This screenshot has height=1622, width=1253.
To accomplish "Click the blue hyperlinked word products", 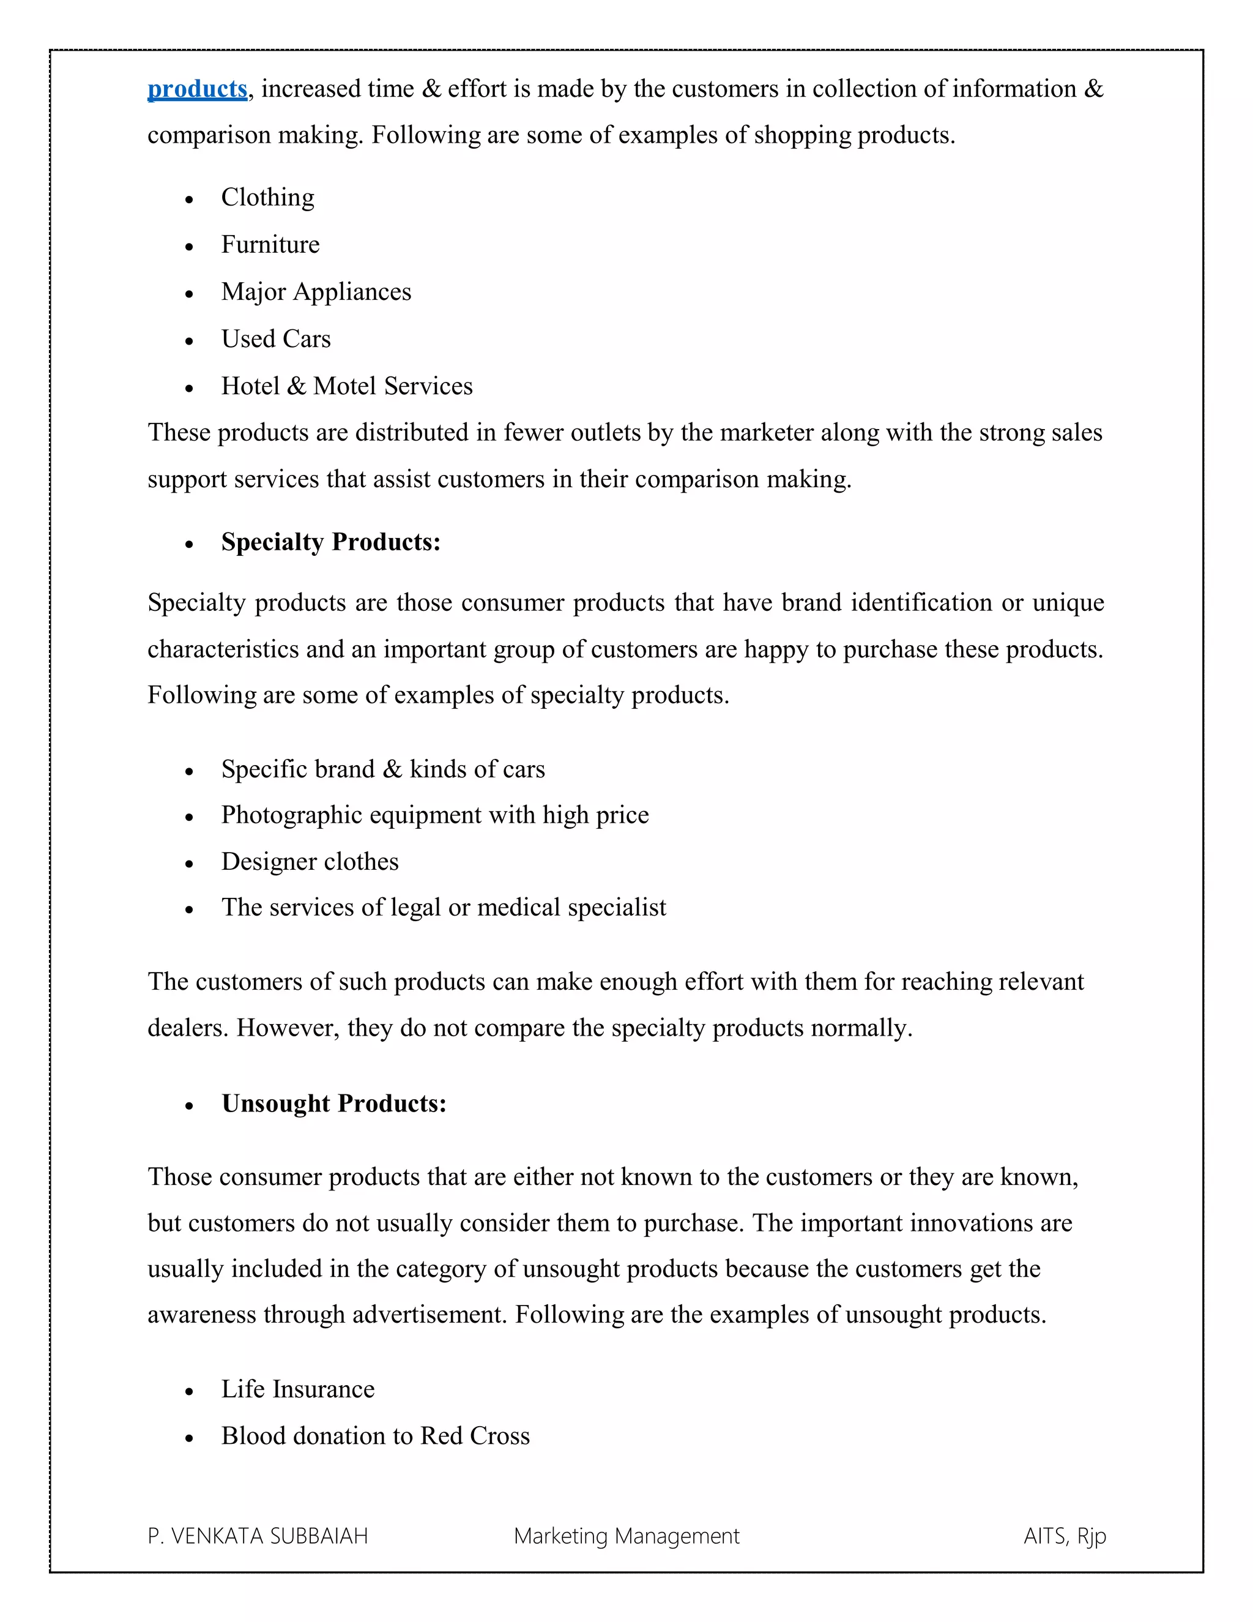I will click(x=197, y=89).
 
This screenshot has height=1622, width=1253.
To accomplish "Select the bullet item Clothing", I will click(x=267, y=198).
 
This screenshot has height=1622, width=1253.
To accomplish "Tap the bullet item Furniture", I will click(x=270, y=244).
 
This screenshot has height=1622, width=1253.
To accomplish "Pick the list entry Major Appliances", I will click(x=316, y=292).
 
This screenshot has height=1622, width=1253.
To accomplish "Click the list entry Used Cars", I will click(x=275, y=338).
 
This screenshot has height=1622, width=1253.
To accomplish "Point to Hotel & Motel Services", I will click(x=347, y=386).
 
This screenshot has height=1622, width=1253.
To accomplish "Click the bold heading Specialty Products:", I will click(x=330, y=542).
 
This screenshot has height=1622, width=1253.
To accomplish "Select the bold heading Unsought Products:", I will click(x=333, y=1104).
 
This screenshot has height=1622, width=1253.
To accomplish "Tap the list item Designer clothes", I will click(x=310, y=862).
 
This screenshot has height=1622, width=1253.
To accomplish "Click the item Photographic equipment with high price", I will click(x=434, y=815).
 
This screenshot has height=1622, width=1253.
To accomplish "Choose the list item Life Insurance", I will click(x=298, y=1389).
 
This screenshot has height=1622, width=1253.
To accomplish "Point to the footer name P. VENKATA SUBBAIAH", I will click(x=258, y=1536).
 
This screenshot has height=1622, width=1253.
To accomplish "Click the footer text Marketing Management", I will click(x=626, y=1536).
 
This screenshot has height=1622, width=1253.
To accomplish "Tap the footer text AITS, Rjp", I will click(x=1065, y=1536).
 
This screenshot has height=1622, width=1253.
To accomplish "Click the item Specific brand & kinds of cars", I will click(x=382, y=769).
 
